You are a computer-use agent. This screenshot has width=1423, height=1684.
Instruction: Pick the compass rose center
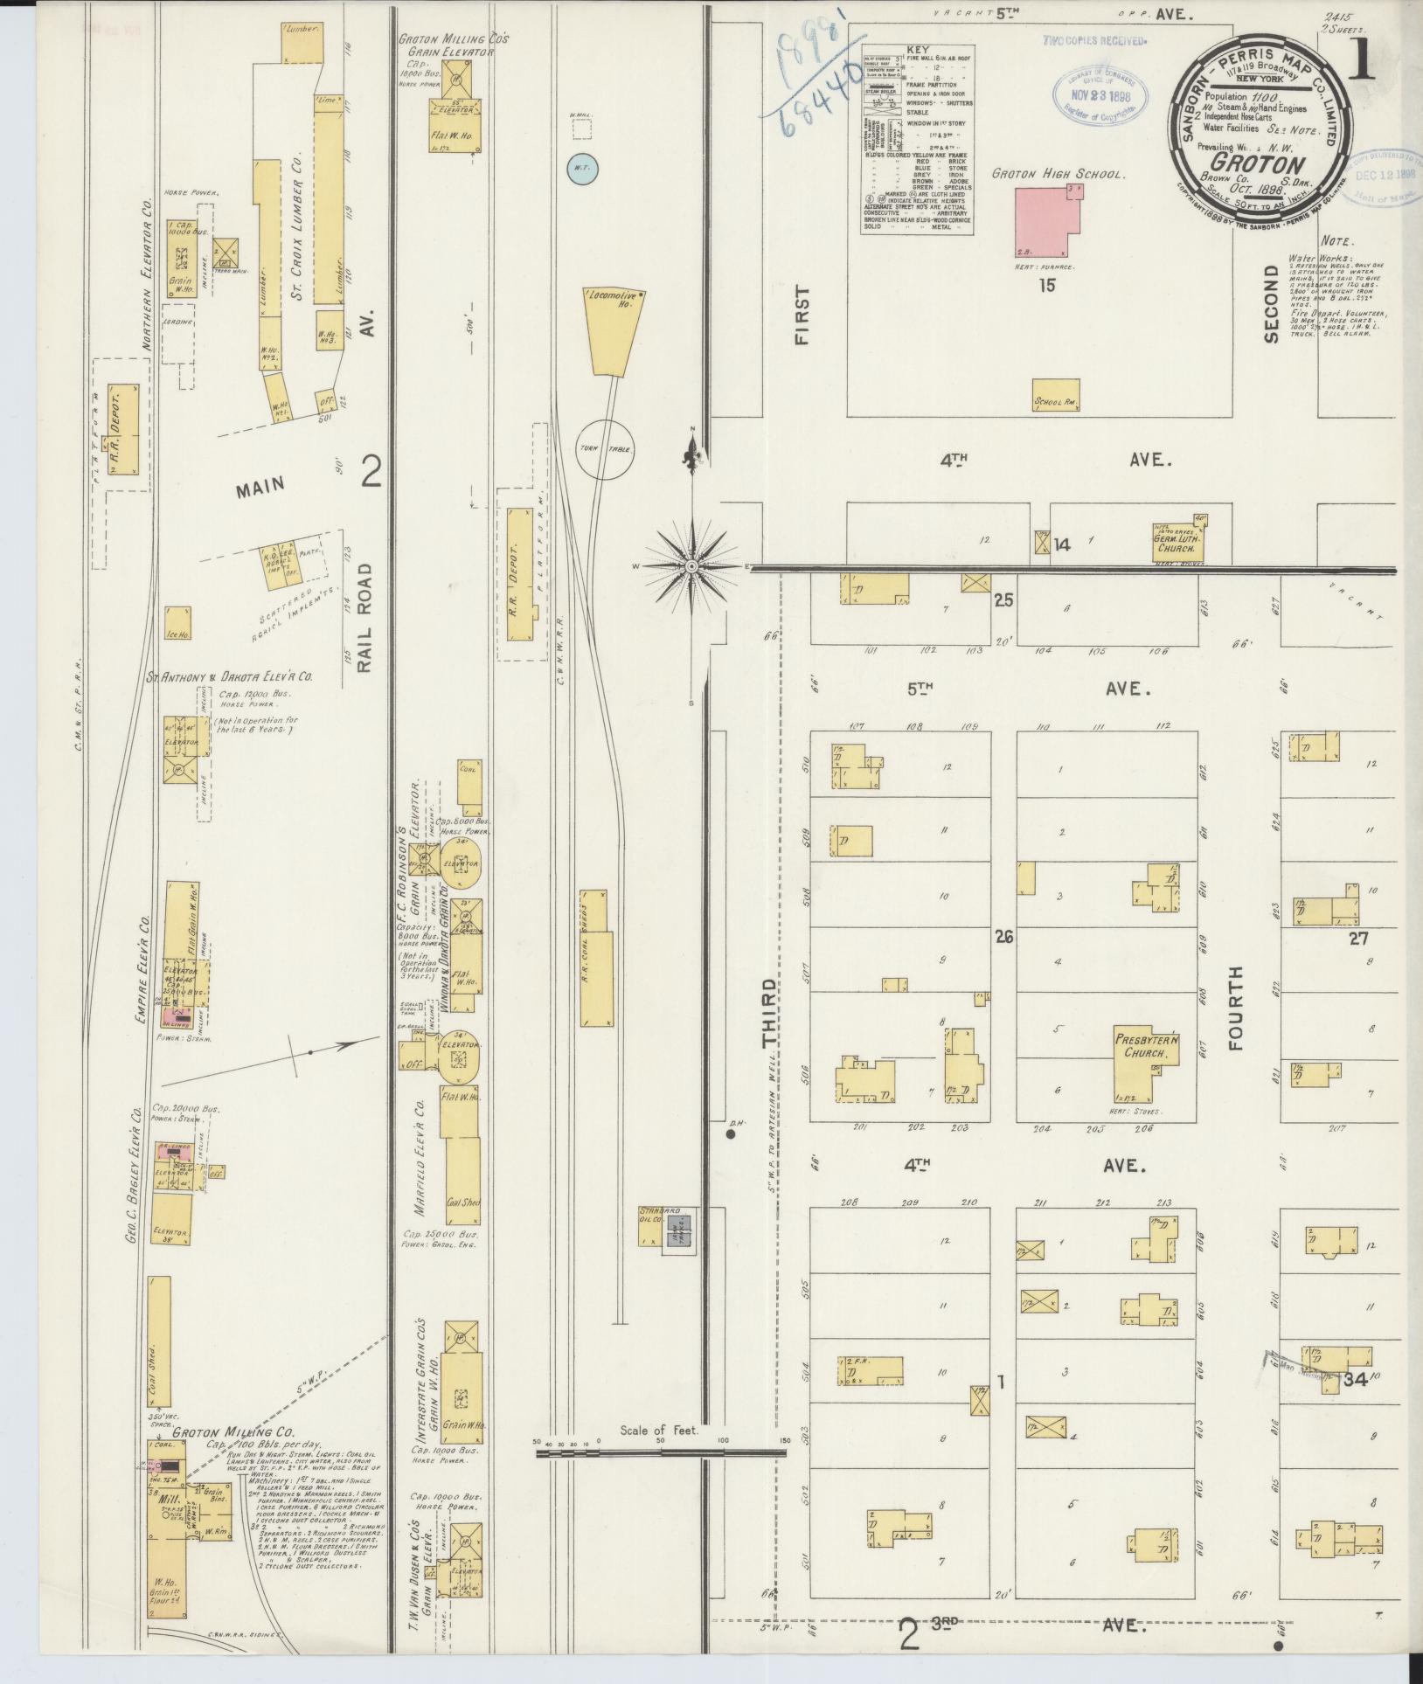point(692,566)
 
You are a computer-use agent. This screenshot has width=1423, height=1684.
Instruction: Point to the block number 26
point(1003,937)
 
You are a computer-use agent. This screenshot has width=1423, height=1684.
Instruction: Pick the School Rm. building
point(1055,395)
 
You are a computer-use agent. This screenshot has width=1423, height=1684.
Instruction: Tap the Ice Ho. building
point(178,622)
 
